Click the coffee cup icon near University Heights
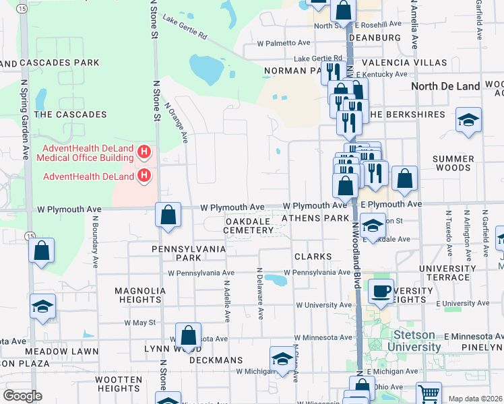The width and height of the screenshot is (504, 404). coord(381,291)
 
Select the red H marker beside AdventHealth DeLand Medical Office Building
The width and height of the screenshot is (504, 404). coord(142,153)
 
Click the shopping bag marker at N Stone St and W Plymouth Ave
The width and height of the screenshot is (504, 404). coord(168,215)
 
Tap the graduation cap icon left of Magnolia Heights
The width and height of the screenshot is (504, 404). coord(42,306)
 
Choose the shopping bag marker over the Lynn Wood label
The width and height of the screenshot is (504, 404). coord(189,335)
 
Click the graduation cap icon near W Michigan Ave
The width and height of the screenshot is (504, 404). coord(282,358)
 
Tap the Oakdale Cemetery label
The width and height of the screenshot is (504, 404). coord(249,226)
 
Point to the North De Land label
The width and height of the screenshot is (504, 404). coord(445,86)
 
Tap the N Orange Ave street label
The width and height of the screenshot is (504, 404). coord(175,122)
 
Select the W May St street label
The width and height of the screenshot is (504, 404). coord(139,323)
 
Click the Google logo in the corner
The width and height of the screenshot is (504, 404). coord(22,396)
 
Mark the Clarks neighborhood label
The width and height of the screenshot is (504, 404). coord(313,257)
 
